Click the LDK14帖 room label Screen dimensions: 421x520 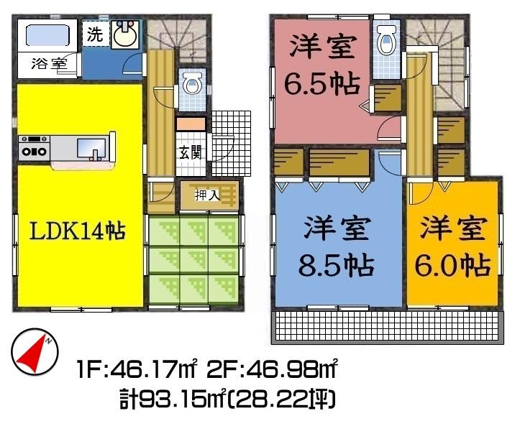(77, 231)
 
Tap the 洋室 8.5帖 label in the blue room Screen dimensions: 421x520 (337, 247)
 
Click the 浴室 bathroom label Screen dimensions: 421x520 (50, 63)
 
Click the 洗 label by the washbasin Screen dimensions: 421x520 (95, 33)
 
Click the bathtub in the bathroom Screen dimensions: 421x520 (47, 34)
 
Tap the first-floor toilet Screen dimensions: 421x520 (192, 84)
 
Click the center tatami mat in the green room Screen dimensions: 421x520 (194, 257)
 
